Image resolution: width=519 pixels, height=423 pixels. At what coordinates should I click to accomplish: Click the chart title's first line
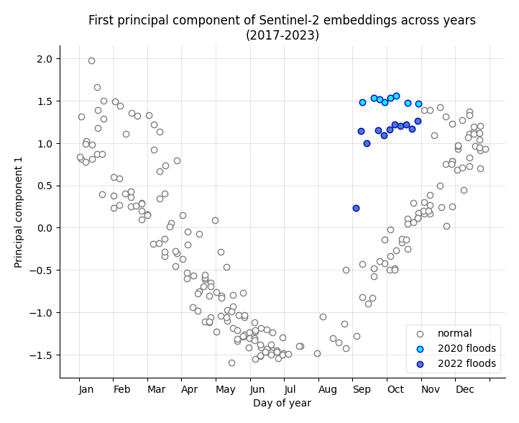[282, 20]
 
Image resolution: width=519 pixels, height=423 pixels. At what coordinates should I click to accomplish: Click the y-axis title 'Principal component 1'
[19, 211]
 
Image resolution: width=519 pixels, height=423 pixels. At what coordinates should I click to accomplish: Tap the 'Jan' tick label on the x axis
[86, 389]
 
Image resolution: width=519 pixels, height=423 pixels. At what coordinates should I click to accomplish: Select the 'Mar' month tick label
[156, 389]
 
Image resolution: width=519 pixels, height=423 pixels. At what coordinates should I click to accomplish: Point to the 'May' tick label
[225, 389]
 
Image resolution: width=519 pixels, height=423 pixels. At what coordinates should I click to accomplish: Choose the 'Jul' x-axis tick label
[290, 389]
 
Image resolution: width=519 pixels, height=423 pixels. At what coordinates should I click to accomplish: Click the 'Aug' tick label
[327, 389]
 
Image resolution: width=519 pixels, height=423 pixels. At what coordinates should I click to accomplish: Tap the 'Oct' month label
[395, 389]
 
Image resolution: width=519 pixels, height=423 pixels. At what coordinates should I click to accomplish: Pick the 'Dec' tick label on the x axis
[465, 389]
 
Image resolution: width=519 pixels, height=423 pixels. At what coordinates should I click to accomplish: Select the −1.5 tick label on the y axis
[40, 355]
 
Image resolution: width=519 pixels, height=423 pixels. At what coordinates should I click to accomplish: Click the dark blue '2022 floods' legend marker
[421, 364]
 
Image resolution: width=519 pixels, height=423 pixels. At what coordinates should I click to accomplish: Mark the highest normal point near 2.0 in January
[91, 60]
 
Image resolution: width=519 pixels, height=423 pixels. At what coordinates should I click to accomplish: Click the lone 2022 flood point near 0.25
[356, 208]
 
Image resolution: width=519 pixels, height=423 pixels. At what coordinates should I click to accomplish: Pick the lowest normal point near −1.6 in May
[231, 363]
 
